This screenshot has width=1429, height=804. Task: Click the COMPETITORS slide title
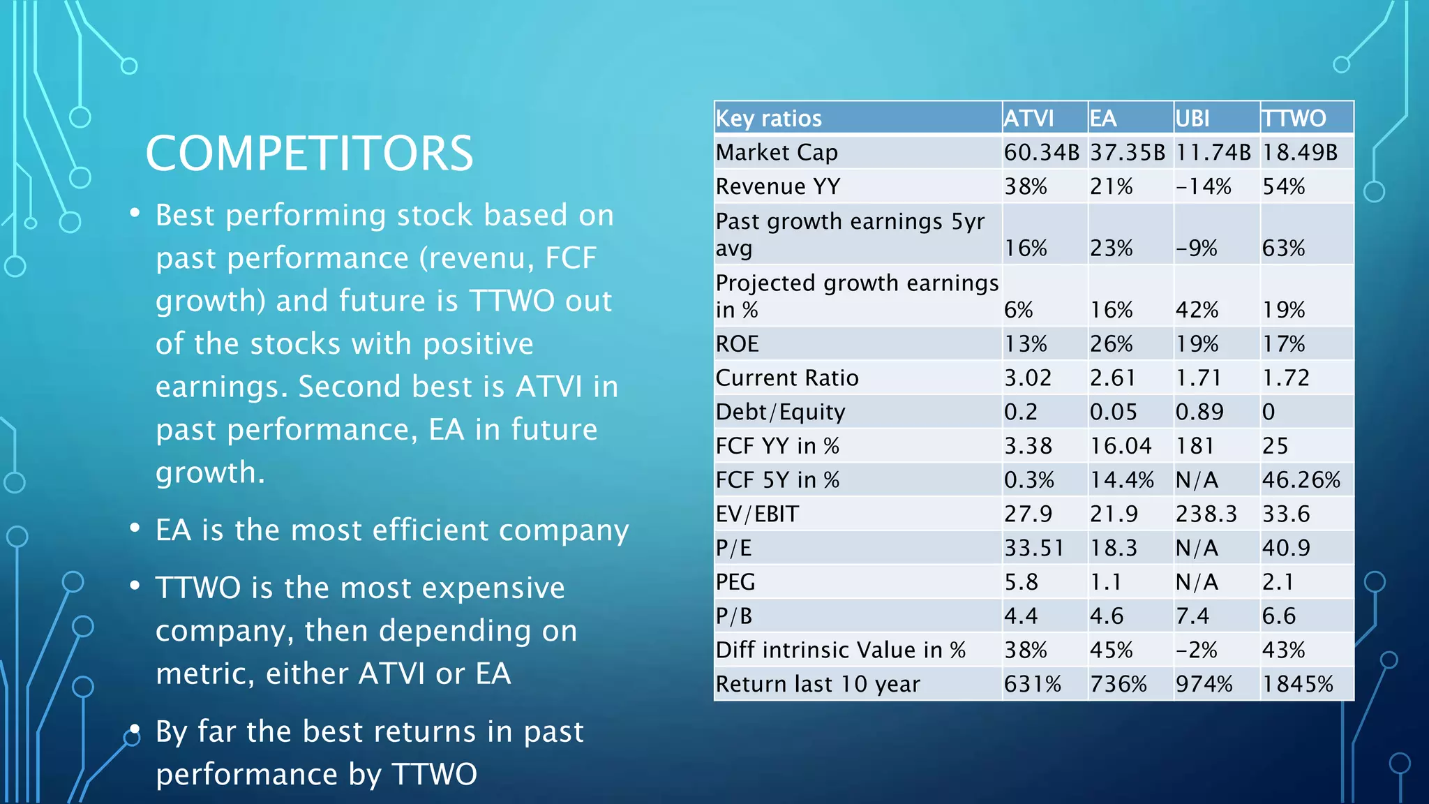pyautogui.click(x=309, y=154)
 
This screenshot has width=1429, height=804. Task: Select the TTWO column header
pyautogui.click(x=1294, y=118)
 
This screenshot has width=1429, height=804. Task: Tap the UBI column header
pyautogui.click(x=1192, y=118)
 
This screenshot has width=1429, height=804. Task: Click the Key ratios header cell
pyautogui.click(x=769, y=118)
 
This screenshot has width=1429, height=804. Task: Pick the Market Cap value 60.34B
pyautogui.click(x=1041, y=152)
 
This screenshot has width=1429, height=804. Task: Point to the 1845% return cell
pyautogui.click(x=1297, y=684)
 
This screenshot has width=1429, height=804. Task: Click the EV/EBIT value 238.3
pyautogui.click(x=1206, y=514)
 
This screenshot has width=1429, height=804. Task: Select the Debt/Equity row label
pyautogui.click(x=780, y=412)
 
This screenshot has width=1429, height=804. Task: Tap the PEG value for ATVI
pyautogui.click(x=1021, y=581)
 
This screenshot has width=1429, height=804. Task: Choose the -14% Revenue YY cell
pyautogui.click(x=1203, y=186)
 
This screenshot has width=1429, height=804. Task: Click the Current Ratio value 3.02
pyautogui.click(x=1027, y=378)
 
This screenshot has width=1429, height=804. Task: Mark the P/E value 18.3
pyautogui.click(x=1114, y=548)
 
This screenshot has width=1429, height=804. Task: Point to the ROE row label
pyautogui.click(x=737, y=343)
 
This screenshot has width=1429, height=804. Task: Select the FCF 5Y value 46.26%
pyautogui.click(x=1301, y=479)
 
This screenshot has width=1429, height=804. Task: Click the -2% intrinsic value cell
pyautogui.click(x=1196, y=650)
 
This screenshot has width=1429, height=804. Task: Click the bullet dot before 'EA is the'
pyautogui.click(x=135, y=528)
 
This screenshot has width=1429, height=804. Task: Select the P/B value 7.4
pyautogui.click(x=1193, y=616)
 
